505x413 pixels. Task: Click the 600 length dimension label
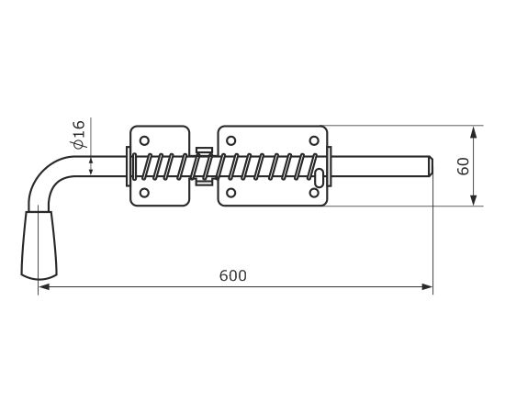[x=233, y=276]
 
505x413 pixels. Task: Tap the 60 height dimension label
[x=464, y=166]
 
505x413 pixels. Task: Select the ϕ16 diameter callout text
[x=78, y=135]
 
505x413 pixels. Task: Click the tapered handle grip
[x=39, y=245]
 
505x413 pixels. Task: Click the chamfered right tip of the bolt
[x=431, y=166]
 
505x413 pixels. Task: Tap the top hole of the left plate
[x=144, y=140]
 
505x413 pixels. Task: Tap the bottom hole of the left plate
[x=144, y=193]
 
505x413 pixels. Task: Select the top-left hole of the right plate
[x=230, y=140]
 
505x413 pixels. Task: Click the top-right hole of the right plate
[x=314, y=140]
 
